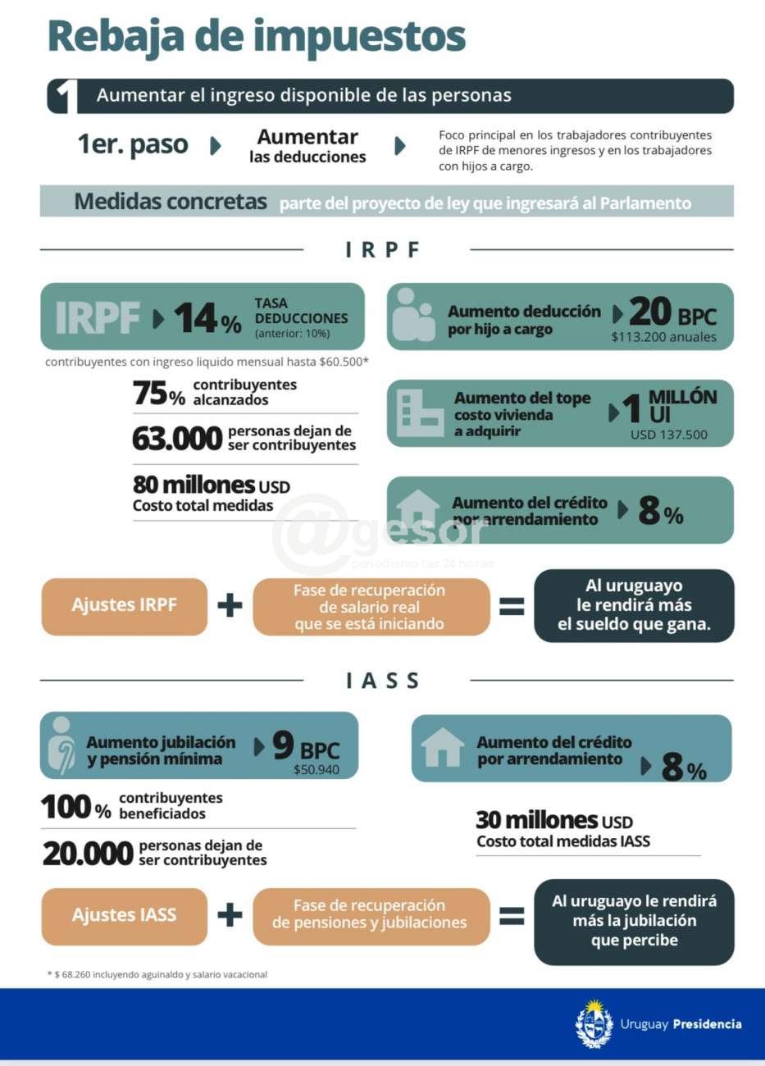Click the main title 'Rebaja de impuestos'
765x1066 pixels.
257,37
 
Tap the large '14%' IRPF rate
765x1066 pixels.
207,318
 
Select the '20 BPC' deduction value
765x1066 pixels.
672,312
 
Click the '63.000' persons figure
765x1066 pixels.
177,439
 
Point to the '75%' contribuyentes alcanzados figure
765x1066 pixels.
159,394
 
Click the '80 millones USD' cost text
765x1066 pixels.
212,485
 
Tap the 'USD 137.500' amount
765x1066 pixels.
668,435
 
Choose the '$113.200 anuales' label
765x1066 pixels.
663,337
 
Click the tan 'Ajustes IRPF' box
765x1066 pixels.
125,606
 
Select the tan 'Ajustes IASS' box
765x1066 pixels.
125,915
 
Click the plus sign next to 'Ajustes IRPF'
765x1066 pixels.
230,606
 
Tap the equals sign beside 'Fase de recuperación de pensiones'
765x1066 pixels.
512,915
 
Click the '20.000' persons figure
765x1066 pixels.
88,854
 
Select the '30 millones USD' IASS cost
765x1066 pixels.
554,820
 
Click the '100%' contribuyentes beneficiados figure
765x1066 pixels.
76,808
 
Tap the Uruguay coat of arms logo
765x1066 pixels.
594,1024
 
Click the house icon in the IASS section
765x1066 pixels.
442,748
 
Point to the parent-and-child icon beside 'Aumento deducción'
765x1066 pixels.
413,317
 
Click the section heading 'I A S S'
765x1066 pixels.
383,681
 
